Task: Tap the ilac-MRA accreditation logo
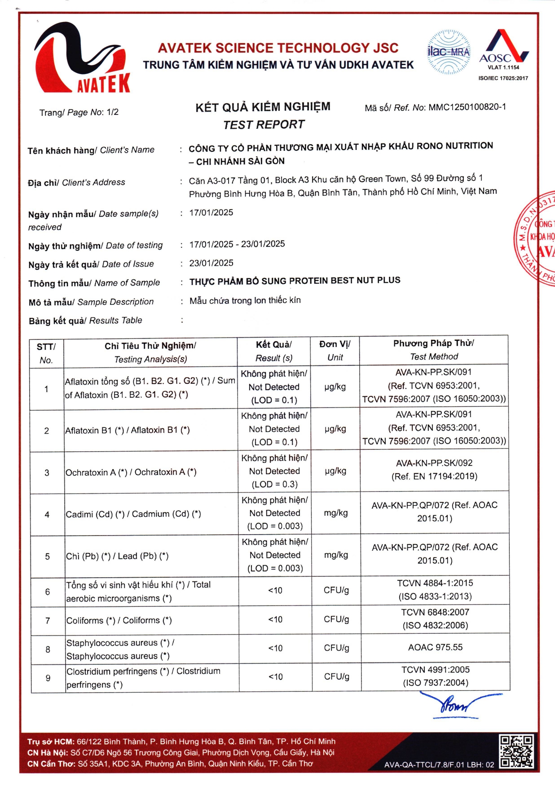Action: click(448, 52)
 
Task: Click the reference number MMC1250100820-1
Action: click(467, 107)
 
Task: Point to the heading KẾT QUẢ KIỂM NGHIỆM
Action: click(263, 107)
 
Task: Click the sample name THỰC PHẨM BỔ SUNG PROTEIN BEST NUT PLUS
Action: click(295, 281)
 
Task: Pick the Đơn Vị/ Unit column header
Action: click(335, 351)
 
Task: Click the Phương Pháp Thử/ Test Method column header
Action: click(434, 350)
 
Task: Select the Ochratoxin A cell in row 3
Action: click(131, 472)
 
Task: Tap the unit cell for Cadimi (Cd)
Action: click(336, 513)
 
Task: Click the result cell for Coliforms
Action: click(275, 619)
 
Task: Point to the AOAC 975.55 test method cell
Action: click(435, 647)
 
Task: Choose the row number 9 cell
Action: click(48, 678)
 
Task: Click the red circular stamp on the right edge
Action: click(537, 238)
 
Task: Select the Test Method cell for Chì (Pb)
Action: click(435, 554)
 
